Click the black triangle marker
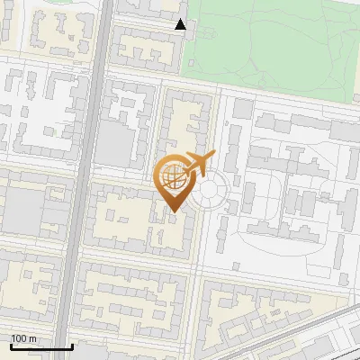[x=181, y=24]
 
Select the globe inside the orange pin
[x=174, y=176]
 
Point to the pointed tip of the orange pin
[x=174, y=212]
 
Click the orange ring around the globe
[x=159, y=177]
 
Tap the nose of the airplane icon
[x=214, y=157]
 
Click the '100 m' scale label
[x=23, y=338]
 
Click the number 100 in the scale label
[x=19, y=338]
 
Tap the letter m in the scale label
[x=32, y=338]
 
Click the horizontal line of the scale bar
[x=40, y=347]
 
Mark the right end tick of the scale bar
[x=72, y=346]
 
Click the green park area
[x=270, y=40]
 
